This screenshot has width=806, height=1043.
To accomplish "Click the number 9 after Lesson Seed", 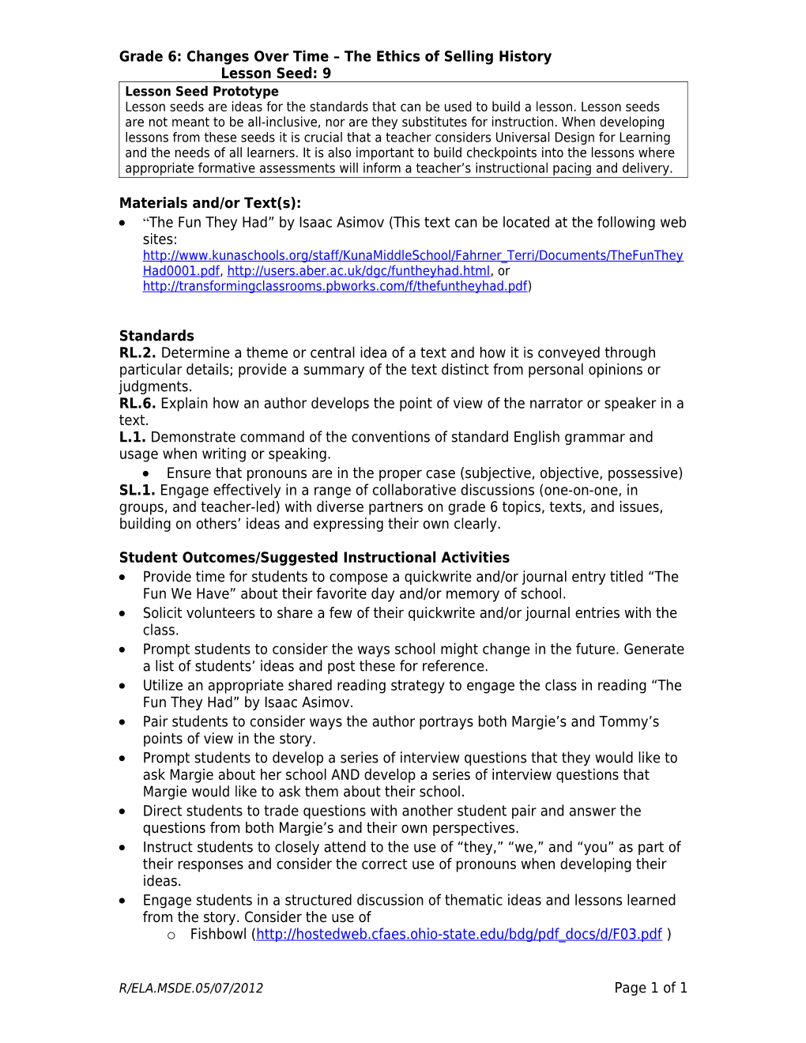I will coord(326,73).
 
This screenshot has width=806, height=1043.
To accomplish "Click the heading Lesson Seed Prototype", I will coord(201,92).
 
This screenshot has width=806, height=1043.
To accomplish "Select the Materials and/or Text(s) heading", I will coord(210,203).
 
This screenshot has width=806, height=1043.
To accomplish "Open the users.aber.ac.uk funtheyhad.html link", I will coord(358,271).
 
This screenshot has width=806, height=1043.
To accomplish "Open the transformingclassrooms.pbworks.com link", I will coord(335,286).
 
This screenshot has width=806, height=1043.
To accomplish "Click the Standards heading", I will coord(156,336).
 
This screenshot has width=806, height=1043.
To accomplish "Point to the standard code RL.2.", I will coord(137,353).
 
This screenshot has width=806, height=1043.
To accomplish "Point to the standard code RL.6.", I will coord(137,404).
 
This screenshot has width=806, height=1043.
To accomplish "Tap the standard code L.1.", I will coord(132,438).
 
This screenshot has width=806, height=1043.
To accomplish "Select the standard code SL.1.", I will coord(137,491).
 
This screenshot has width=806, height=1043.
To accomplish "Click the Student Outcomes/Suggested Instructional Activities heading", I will coord(314,558).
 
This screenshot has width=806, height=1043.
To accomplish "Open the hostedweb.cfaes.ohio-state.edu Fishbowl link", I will coord(459,935).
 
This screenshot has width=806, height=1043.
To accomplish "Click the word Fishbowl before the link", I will coord(218,935).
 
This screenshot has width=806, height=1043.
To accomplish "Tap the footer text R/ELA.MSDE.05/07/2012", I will coord(191,988).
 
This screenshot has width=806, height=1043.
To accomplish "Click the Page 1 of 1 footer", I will coord(650,988).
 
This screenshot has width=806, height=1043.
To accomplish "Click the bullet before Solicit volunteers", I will coord(122,614).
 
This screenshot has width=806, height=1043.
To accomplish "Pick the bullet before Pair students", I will coord(122,723).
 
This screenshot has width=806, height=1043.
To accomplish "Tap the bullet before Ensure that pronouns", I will coord(146,473).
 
